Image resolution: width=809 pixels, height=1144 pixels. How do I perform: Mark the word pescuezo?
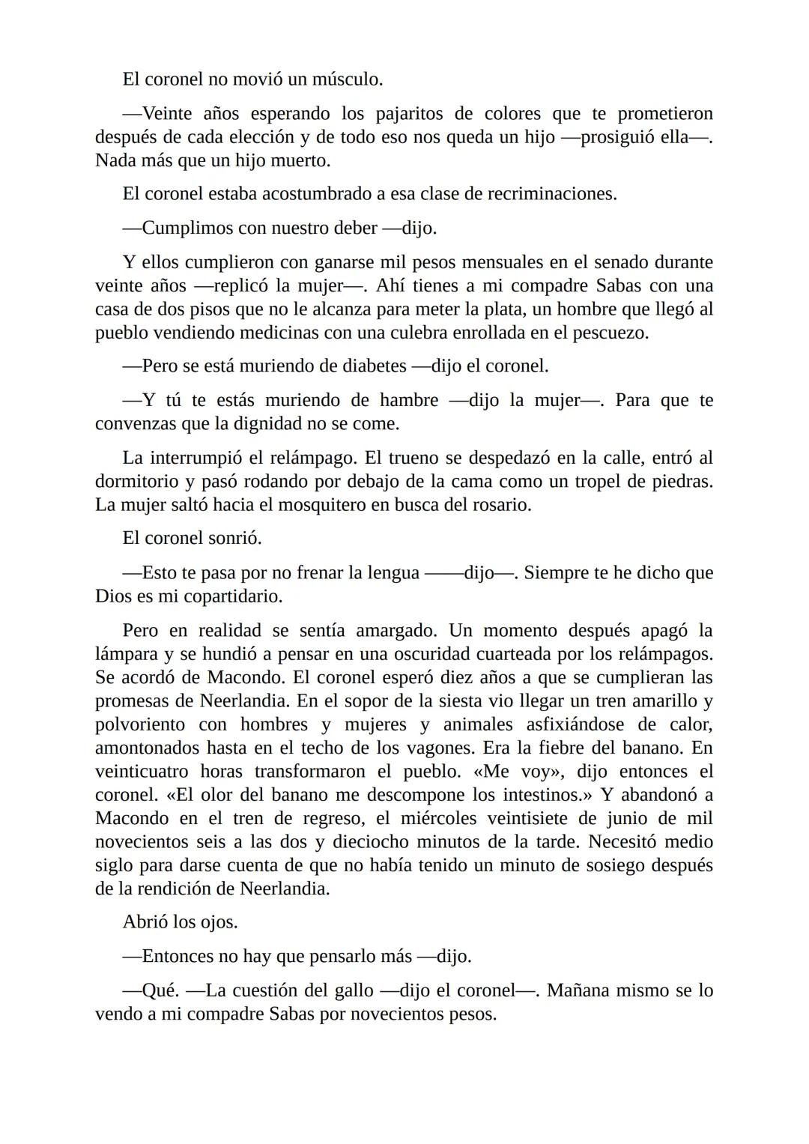click(x=610, y=333)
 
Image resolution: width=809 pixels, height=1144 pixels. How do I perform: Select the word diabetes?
click(x=374, y=366)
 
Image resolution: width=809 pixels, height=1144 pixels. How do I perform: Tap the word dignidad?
click(x=278, y=424)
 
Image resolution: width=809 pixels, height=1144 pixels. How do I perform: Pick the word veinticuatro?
click(x=142, y=772)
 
